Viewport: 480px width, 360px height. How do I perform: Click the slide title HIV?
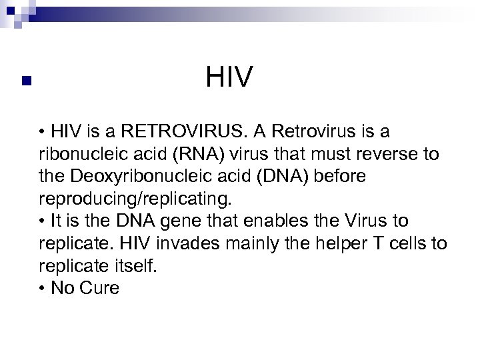tap(230, 77)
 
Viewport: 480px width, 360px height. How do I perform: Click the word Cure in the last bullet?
tap(101, 289)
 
